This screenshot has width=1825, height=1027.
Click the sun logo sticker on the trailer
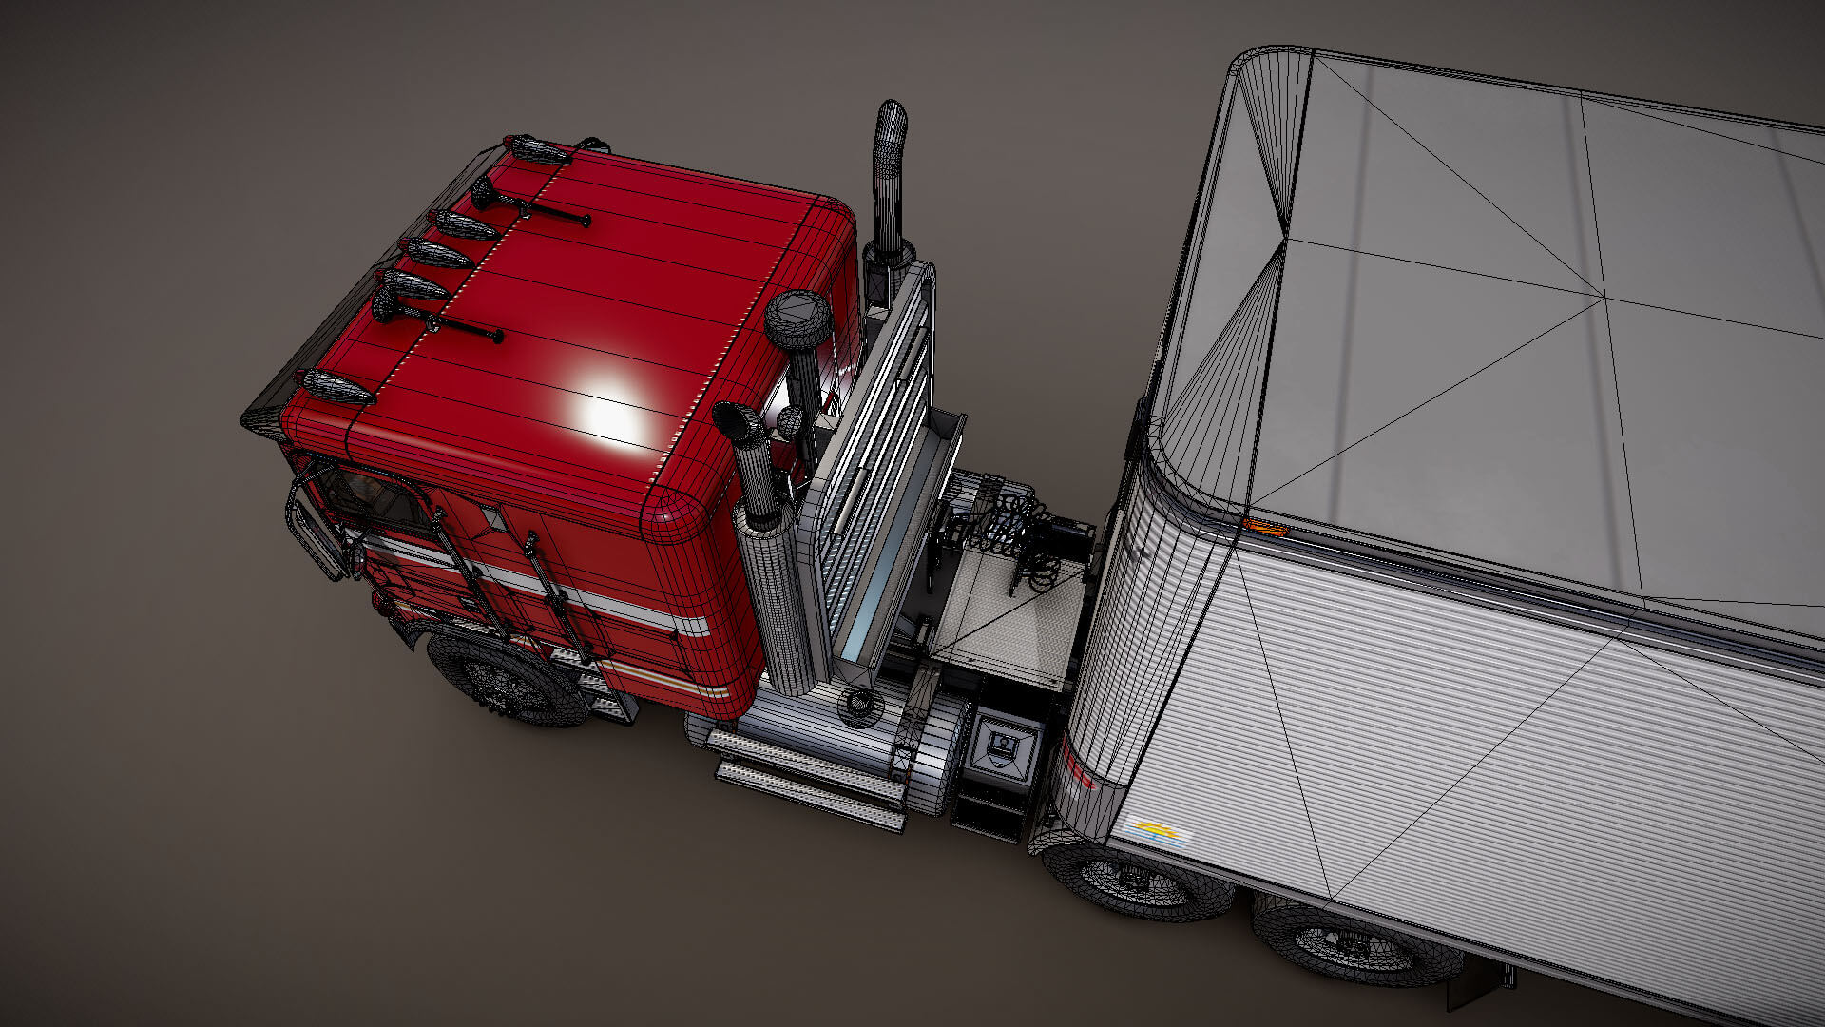1157,834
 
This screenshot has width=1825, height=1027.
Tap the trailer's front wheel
1137,881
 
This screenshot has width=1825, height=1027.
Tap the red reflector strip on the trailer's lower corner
1079,766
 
